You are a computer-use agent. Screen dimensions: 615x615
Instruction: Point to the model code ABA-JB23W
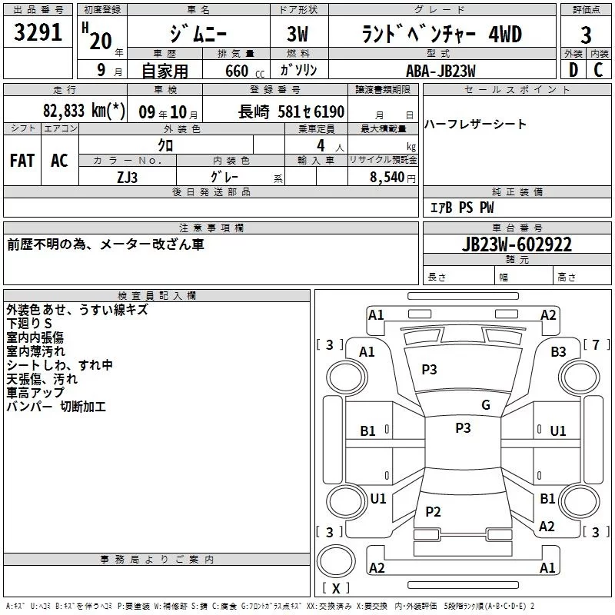click(x=440, y=71)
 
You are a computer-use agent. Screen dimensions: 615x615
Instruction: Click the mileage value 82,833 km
click(x=84, y=111)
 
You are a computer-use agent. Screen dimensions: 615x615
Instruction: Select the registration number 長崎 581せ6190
click(x=291, y=111)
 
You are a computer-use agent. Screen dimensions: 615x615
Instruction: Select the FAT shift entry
click(x=22, y=161)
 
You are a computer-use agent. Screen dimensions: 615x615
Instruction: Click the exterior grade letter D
click(x=573, y=70)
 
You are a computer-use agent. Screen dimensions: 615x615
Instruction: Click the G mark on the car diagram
click(x=485, y=405)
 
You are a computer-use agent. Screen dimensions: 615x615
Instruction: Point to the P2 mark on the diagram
click(x=433, y=511)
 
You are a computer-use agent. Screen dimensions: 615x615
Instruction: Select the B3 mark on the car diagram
click(x=558, y=351)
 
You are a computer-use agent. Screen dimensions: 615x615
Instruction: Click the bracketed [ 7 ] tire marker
click(x=596, y=344)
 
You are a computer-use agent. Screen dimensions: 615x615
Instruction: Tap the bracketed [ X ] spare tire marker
click(x=335, y=589)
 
